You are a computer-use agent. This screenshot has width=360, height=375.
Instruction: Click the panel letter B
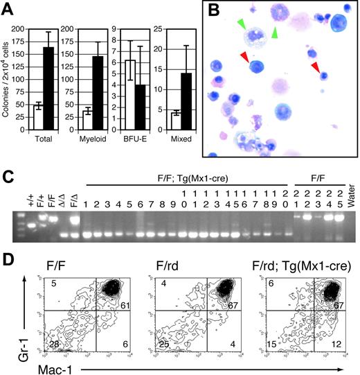212,11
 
